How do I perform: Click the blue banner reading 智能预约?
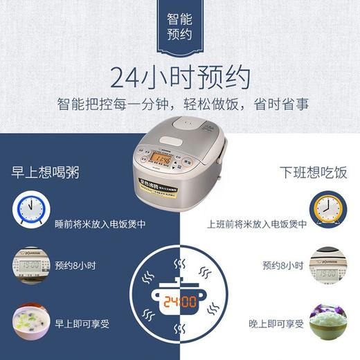pyautogui.click(x=179, y=28)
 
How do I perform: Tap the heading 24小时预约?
pyautogui.click(x=179, y=78)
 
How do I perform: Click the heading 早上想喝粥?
pyautogui.click(x=44, y=172)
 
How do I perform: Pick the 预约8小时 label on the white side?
pyautogui.click(x=280, y=265)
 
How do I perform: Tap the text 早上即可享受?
pyautogui.click(x=82, y=323)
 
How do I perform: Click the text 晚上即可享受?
pyautogui.click(x=275, y=323)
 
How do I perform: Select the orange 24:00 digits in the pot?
pyautogui.click(x=180, y=301)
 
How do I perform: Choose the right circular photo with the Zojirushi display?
pyautogui.click(x=327, y=265)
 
